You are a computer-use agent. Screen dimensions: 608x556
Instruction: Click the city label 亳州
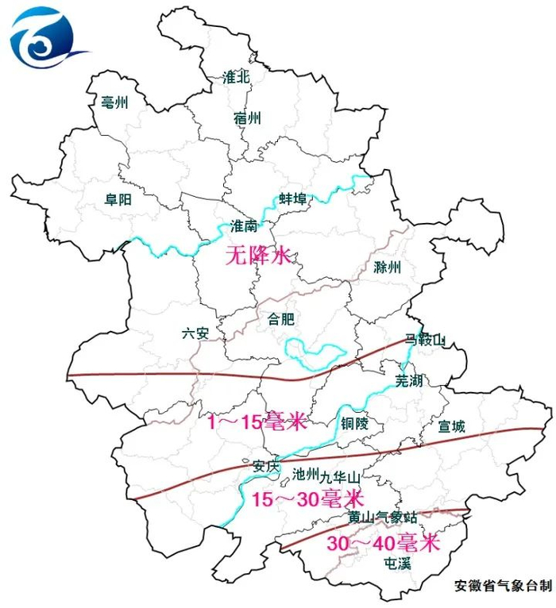pyautogui.click(x=114, y=102)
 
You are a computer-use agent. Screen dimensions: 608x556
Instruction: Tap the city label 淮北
pyautogui.click(x=236, y=78)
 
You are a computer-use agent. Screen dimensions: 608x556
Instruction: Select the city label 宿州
pyautogui.click(x=247, y=119)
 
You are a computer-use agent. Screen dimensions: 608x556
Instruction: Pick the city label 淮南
pyautogui.click(x=243, y=226)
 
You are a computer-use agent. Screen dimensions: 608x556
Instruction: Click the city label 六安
pyautogui.click(x=195, y=333)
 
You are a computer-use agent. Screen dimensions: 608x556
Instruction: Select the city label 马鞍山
pyautogui.click(x=425, y=340)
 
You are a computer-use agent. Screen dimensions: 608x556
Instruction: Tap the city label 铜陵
pyautogui.click(x=354, y=424)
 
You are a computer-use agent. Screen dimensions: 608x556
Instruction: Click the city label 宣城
pyautogui.click(x=451, y=426)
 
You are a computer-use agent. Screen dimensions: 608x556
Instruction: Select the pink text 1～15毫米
pyautogui.click(x=257, y=423)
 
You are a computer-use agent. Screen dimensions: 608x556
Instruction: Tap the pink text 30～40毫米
pyautogui.click(x=383, y=544)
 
